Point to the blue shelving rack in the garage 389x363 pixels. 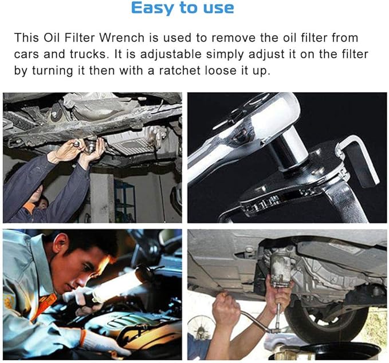123,198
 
